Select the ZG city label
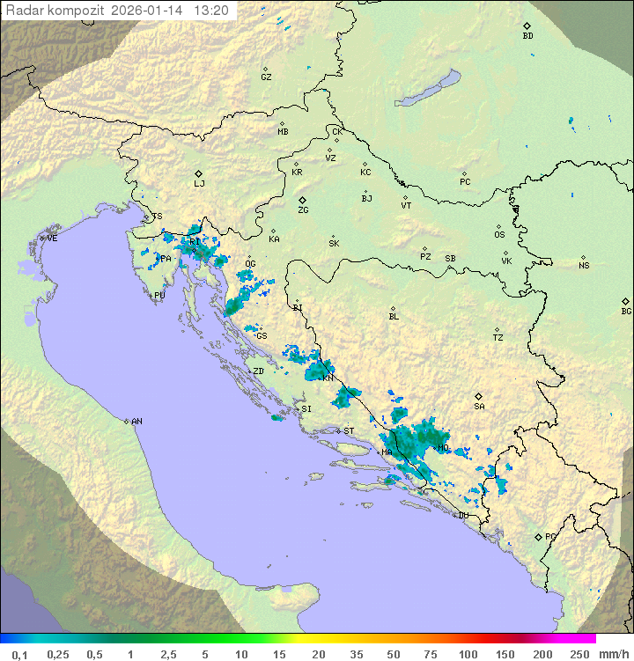coord(303,210)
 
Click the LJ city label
coord(199,183)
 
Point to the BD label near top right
coord(527,36)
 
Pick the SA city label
coord(479,406)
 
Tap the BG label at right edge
coord(626,311)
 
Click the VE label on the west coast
coord(52,239)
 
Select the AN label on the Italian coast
coord(136,422)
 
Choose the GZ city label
coord(266,77)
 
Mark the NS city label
coord(584,265)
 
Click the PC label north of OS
coord(465,182)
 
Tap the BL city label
coord(394,317)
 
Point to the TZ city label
coord(498,337)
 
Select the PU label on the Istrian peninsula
coord(159,296)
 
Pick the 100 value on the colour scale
coord(468,654)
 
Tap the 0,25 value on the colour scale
coord(58,654)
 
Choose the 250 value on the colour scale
coord(579,654)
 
